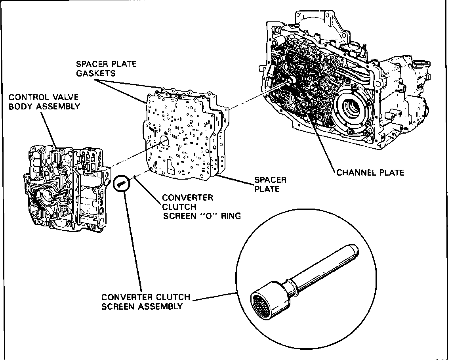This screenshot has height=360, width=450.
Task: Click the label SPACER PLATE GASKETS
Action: point(106,69)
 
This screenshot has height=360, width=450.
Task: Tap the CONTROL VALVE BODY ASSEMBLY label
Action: point(44,102)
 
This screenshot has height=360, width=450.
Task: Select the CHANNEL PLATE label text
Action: point(370,172)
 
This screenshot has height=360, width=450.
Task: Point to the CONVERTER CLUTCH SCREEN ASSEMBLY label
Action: point(145,302)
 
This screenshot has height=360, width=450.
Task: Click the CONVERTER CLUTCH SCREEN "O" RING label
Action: point(201,207)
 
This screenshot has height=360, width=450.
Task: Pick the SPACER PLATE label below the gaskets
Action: point(270,184)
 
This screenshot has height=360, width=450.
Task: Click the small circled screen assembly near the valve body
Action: point(122,183)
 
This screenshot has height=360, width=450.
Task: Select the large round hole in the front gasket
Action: point(164,142)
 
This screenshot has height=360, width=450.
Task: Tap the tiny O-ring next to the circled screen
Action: point(136,177)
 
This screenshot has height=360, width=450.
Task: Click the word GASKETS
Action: point(96,73)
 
